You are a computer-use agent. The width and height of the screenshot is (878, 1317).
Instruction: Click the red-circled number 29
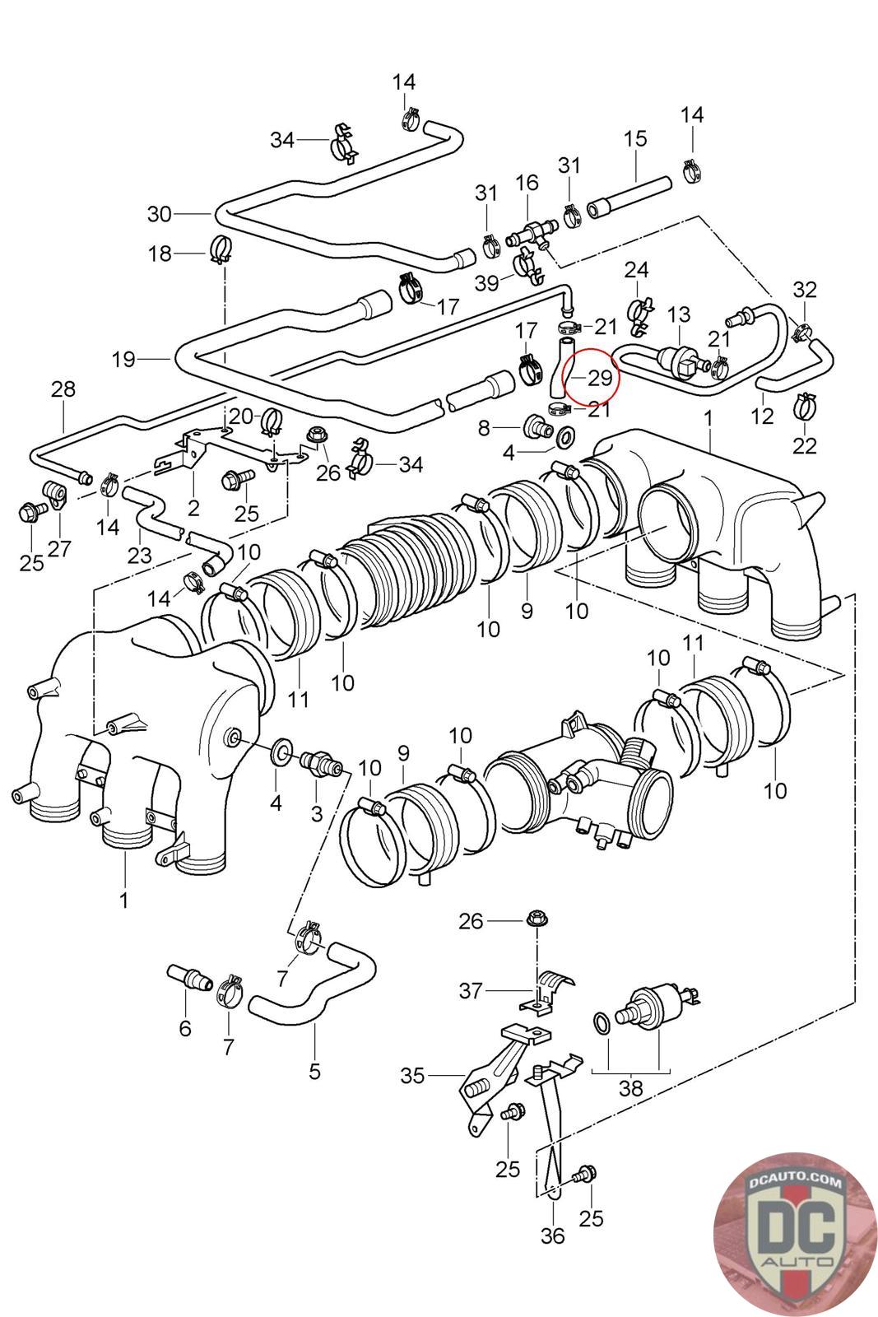[600, 378]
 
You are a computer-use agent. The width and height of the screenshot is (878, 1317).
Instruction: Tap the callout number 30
[160, 214]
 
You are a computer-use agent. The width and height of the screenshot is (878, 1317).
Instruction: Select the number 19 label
[123, 359]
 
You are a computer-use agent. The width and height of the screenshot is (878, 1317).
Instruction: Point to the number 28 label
[63, 389]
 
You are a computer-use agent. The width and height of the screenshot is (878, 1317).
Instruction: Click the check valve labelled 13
[680, 360]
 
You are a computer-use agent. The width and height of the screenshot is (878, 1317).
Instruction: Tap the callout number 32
[805, 290]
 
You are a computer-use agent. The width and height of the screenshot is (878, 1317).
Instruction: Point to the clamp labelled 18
[221, 248]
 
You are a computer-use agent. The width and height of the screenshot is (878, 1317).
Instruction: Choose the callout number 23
[140, 556]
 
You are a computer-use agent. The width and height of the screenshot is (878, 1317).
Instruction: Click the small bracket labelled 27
[57, 493]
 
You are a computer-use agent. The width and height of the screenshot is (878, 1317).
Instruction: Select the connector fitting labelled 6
[189, 977]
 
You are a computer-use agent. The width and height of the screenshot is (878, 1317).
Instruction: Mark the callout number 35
[413, 1075]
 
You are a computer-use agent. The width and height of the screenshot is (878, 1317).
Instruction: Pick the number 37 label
[471, 990]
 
